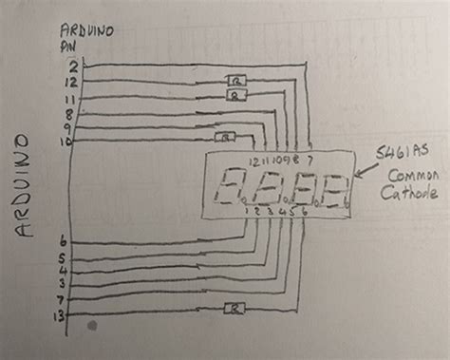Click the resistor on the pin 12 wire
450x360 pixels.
(235, 81)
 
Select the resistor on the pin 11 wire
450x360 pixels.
(236, 95)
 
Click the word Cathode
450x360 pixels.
(409, 195)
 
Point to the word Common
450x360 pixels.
(407, 177)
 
